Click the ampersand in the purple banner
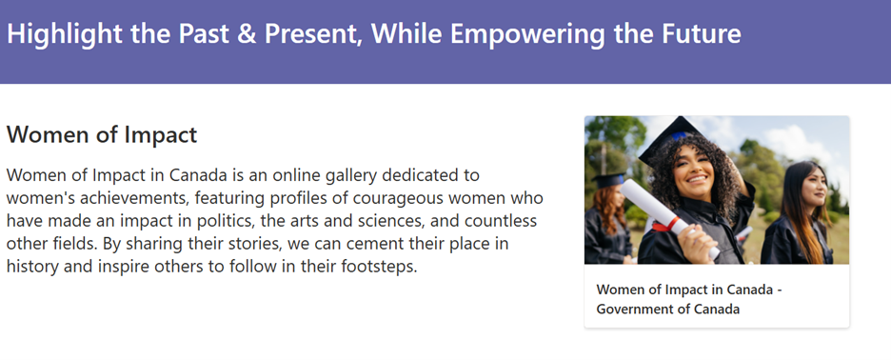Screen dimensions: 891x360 pyautogui.click(x=246, y=33)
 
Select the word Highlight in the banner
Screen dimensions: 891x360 pyautogui.click(x=65, y=34)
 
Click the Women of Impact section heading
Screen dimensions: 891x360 pyautogui.click(x=102, y=135)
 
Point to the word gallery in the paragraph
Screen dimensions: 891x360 pyautogui.click(x=345, y=176)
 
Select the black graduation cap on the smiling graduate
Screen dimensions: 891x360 pyautogui.click(x=673, y=138)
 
